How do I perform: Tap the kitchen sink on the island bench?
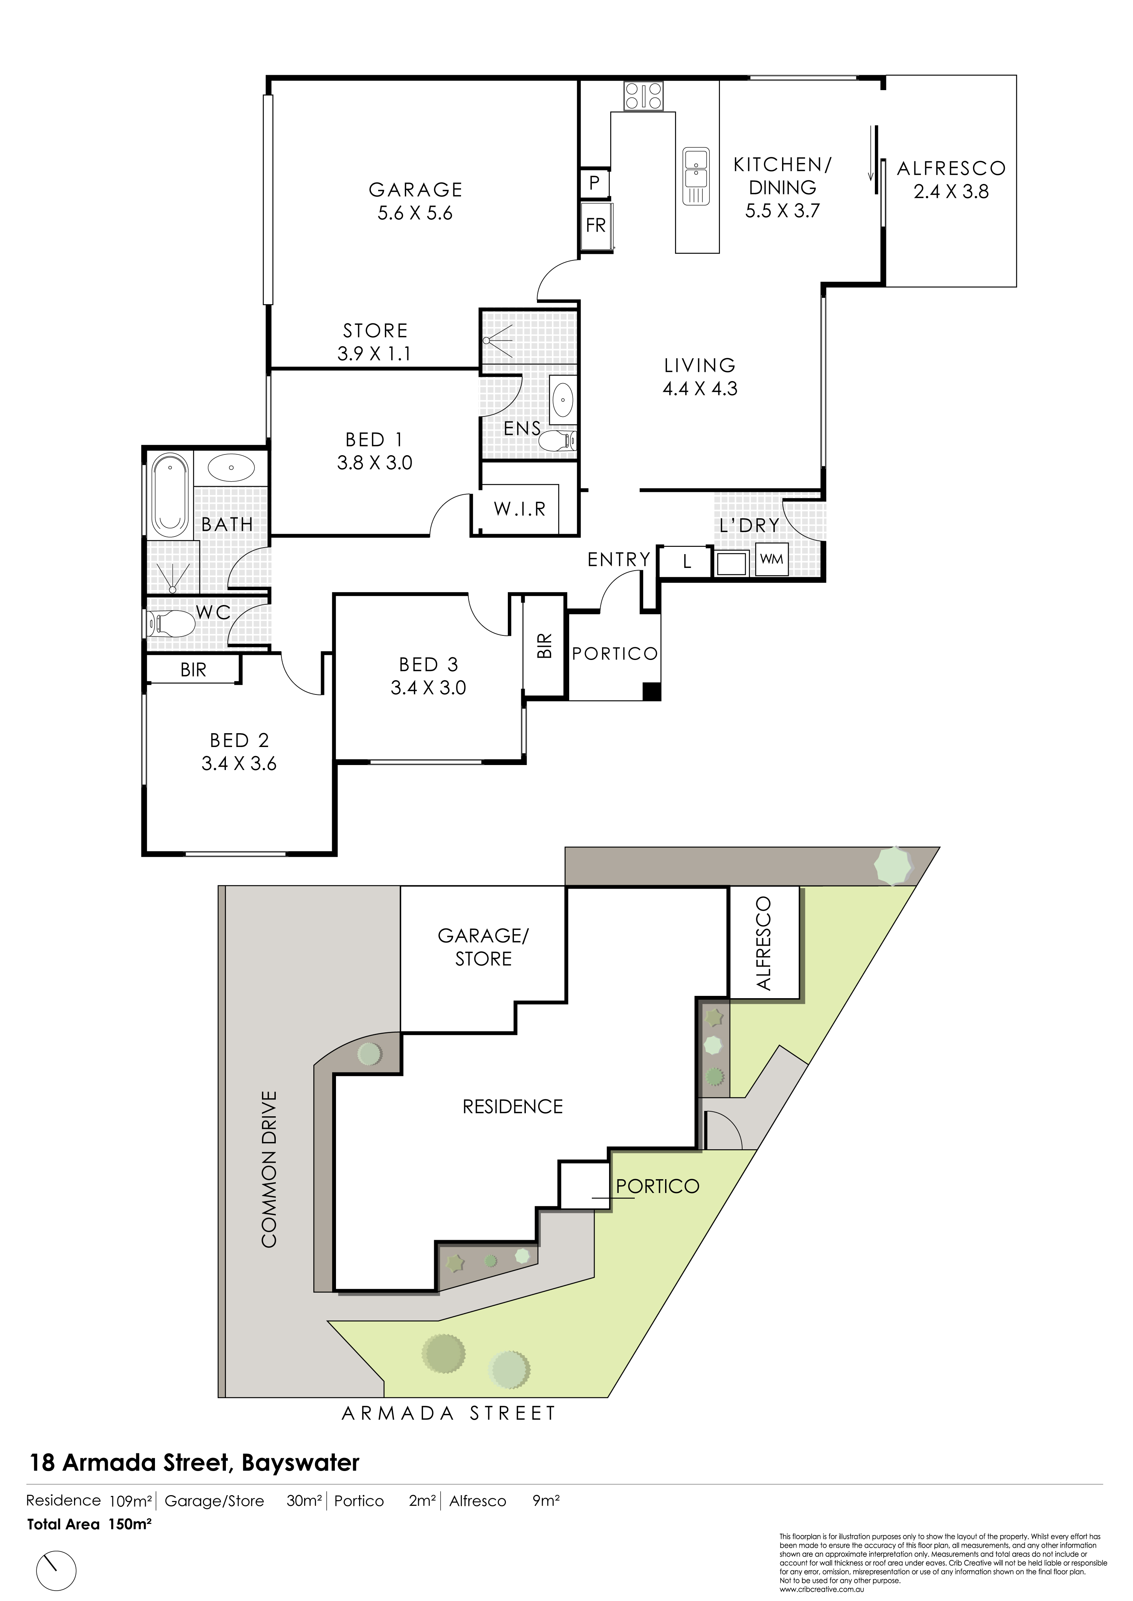(696, 176)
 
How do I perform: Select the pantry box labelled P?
(595, 183)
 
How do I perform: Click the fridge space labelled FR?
(596, 225)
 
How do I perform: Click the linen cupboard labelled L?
(687, 561)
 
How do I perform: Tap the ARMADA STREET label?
(449, 1414)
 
